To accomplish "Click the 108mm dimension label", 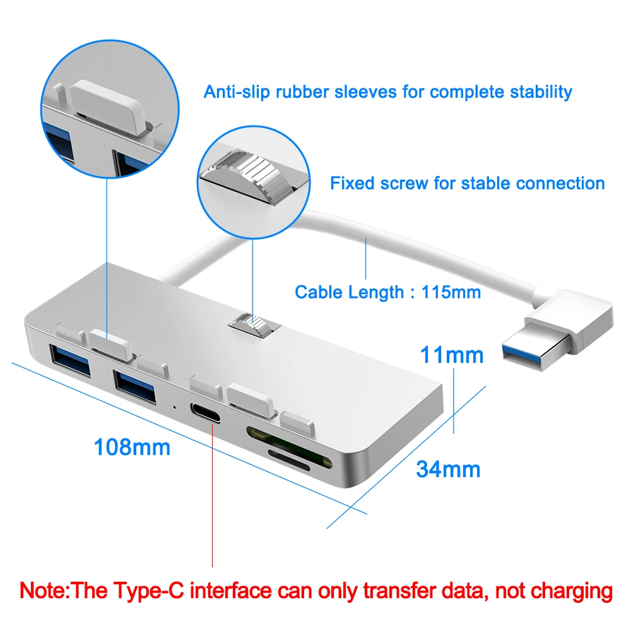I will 132,447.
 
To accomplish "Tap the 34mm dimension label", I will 448,469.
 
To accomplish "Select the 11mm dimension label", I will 452,355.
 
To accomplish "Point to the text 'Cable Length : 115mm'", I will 387,292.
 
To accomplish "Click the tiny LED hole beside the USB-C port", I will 174,406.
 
